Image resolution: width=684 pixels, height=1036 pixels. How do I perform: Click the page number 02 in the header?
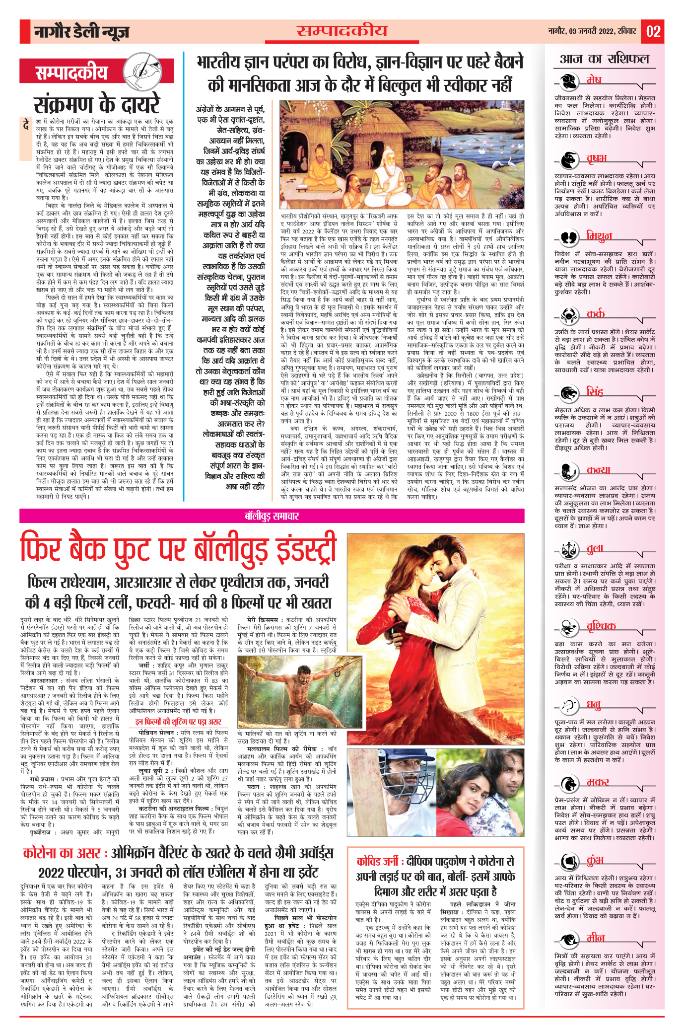point(653,31)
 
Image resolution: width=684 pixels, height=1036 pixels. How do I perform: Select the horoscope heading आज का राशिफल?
point(604,59)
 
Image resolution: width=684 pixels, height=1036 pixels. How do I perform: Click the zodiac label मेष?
point(594,80)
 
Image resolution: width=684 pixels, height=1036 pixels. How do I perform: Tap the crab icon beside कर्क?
point(569,314)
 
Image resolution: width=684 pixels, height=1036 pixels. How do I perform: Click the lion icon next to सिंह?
point(569,393)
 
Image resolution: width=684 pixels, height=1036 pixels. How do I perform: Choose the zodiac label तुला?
point(595,548)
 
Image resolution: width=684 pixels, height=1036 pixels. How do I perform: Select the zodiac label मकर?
point(598,782)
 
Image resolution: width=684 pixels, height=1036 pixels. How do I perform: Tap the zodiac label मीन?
point(596,938)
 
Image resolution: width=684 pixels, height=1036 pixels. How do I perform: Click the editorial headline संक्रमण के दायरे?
point(97,105)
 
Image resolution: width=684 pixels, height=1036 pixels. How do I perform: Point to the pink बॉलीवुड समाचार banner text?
point(272,516)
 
